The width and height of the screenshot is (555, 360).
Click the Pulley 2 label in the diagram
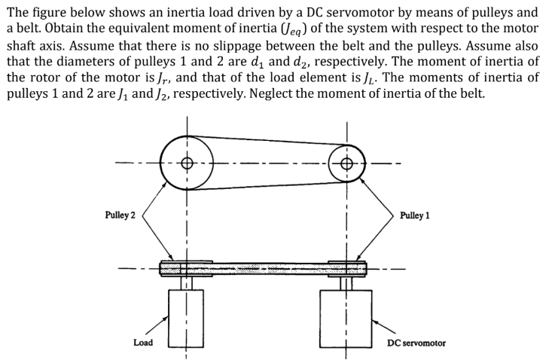120,215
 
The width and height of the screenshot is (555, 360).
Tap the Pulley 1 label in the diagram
415,215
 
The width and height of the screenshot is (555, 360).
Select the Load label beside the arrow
142,343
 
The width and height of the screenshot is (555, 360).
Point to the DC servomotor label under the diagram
416,343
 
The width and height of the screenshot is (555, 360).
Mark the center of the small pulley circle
346,163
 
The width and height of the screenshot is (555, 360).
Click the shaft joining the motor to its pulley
346,283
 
